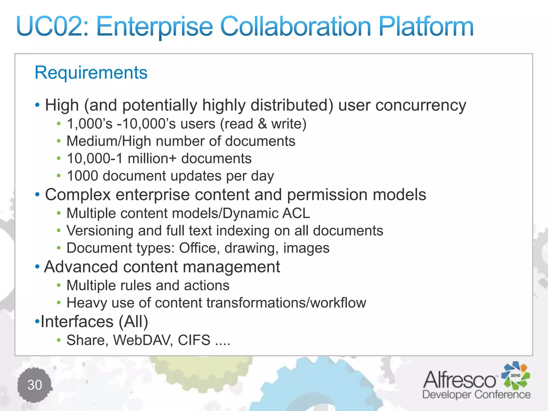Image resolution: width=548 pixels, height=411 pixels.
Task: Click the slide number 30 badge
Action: click(35, 385)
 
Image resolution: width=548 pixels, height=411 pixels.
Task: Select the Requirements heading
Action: click(91, 73)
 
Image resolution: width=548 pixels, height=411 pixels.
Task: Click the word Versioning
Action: click(100, 231)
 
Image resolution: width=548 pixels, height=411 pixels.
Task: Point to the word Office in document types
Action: click(197, 248)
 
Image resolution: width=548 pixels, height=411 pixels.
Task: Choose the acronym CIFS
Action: click(194, 340)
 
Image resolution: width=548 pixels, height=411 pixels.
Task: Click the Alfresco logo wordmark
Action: click(459, 380)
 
